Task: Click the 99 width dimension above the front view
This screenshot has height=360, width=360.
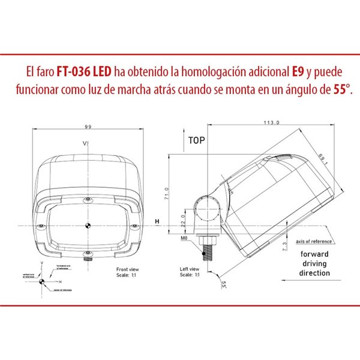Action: (x=88, y=127)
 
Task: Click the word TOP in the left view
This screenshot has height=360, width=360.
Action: (x=196, y=142)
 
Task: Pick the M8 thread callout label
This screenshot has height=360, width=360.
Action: (x=184, y=239)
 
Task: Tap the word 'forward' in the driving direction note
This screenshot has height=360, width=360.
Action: (x=315, y=254)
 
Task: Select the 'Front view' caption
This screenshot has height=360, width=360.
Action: (x=127, y=271)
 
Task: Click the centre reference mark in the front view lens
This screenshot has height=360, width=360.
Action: (x=88, y=226)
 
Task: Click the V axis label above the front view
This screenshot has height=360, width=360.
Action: (x=86, y=143)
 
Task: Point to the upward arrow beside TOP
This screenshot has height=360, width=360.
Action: (x=182, y=142)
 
